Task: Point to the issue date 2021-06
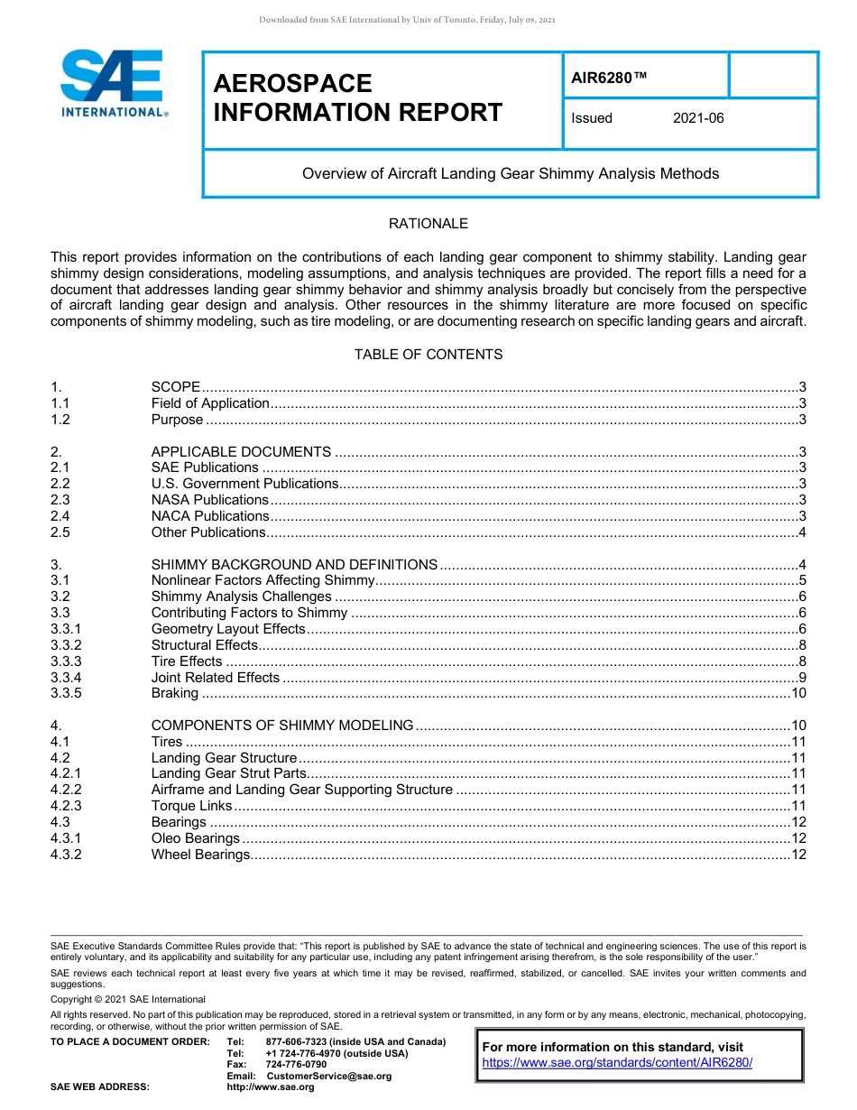point(697,118)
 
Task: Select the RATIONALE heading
point(428,224)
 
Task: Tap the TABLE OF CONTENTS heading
point(428,355)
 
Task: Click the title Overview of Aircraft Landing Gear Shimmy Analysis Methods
point(511,173)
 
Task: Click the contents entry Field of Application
point(210,403)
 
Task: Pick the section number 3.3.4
point(66,677)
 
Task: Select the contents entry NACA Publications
point(210,516)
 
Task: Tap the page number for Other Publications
point(801,532)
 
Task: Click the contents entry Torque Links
point(191,806)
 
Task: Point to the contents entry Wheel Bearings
point(199,855)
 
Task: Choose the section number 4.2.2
point(66,790)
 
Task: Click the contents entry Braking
point(174,693)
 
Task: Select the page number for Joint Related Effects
point(801,677)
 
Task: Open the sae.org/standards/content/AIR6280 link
point(617,1063)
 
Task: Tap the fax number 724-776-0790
point(296,1064)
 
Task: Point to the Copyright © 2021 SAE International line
point(128,999)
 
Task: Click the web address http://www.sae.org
point(271,1087)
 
